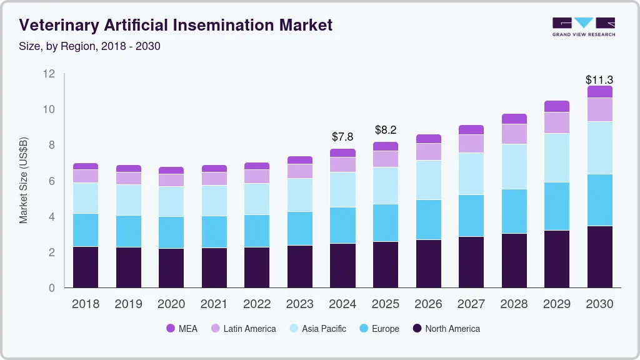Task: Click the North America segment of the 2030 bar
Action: tap(599, 256)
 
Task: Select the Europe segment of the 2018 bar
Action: tap(86, 230)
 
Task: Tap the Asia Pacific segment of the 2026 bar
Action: tap(428, 180)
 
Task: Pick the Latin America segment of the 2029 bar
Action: tap(556, 122)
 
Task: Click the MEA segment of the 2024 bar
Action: tap(342, 152)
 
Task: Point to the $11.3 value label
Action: tap(599, 80)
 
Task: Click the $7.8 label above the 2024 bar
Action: tap(342, 136)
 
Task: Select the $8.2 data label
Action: tap(386, 130)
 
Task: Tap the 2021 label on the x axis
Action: tap(214, 304)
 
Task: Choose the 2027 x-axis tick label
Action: tap(471, 304)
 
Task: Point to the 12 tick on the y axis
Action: tap(49, 74)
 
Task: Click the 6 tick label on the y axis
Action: tap(52, 181)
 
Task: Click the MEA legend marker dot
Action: tap(171, 329)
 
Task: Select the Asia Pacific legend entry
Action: tap(324, 329)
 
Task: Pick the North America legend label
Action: tap(452, 329)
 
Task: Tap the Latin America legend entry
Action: tap(249, 329)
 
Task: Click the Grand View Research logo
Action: tap(583, 26)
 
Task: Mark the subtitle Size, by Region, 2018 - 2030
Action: tap(90, 46)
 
